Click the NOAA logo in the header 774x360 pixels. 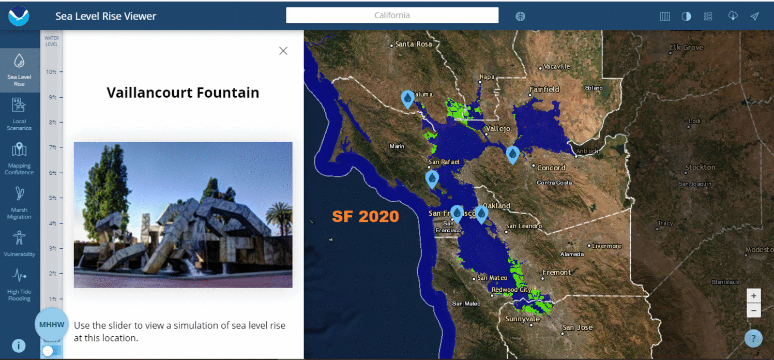pos(19,16)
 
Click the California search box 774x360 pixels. pos(392,16)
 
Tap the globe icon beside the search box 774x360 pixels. pos(520,16)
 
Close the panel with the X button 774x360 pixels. pos(283,51)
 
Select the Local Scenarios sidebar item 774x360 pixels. pos(19,114)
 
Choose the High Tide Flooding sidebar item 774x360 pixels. pos(19,284)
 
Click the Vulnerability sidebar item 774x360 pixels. pos(19,244)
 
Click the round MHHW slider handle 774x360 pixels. pos(52,325)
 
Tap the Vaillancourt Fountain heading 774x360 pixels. pos(183,93)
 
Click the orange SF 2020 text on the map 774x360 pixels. pos(365,216)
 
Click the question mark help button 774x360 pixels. pos(753,338)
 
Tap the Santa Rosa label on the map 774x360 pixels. pos(413,44)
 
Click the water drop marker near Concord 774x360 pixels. pos(512,154)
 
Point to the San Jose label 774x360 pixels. pos(578,327)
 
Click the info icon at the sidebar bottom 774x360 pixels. pos(19,346)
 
